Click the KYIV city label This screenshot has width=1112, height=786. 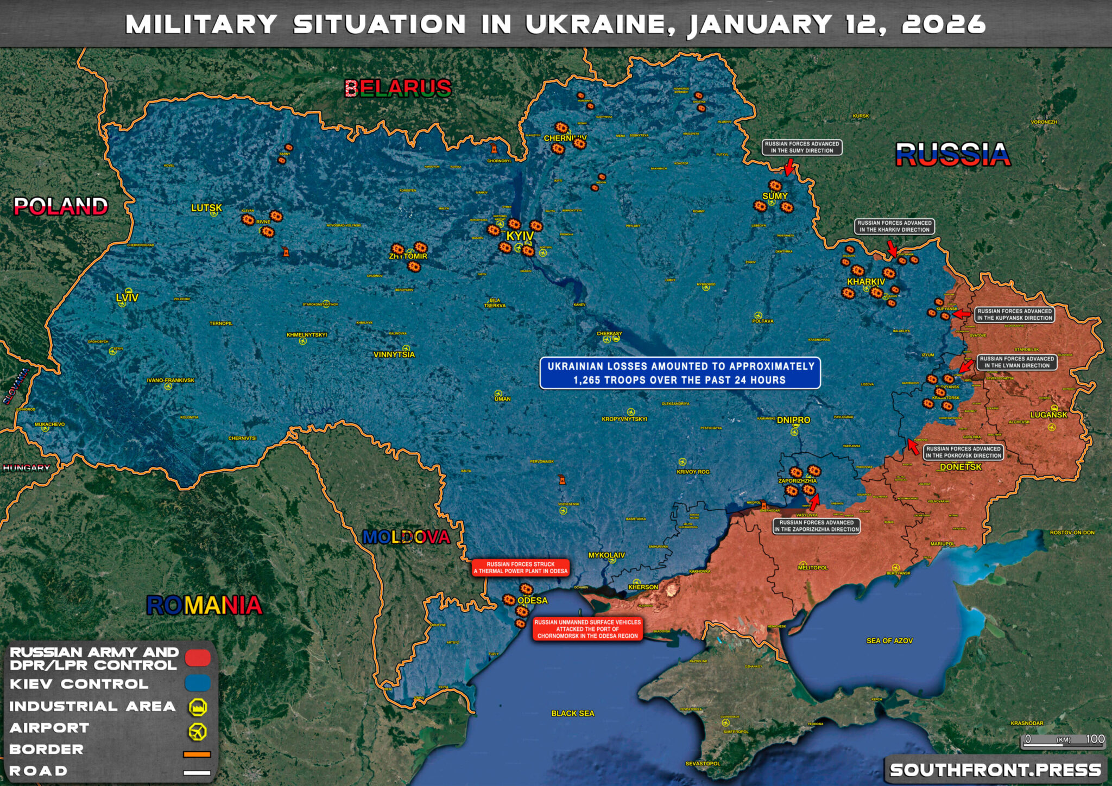520,237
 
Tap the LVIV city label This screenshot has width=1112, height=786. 127,297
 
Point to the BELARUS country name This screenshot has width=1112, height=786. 398,88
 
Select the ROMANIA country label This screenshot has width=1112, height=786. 204,605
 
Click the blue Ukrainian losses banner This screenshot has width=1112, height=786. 680,373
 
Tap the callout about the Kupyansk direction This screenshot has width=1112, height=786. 1014,315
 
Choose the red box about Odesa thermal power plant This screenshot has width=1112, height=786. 520,568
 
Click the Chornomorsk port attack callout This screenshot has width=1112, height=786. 587,629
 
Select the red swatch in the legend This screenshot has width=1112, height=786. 198,658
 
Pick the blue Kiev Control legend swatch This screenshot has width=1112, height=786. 198,683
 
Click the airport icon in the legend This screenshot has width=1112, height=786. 198,731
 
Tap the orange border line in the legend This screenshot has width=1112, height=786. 197,754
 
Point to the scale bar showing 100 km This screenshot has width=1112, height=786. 1063,741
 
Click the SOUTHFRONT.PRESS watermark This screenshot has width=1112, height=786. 995,770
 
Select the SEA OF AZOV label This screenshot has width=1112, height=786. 889,641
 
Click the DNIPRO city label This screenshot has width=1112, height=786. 793,420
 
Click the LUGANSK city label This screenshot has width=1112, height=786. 1048,415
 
